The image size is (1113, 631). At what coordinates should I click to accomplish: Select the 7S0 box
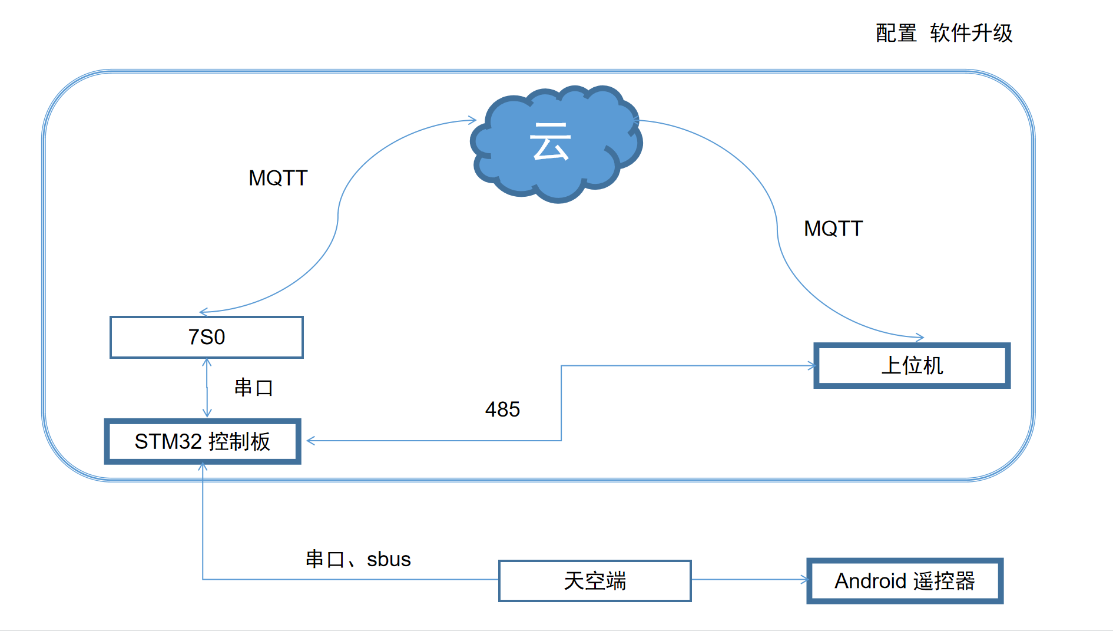coord(207,337)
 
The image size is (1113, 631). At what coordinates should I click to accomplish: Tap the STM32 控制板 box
coord(203,441)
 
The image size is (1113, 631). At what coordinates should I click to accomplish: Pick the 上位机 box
coord(912,365)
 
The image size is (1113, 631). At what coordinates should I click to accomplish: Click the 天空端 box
coord(595,581)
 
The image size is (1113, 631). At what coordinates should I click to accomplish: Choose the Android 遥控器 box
coord(905,581)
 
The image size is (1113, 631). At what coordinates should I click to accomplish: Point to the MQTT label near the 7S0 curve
coord(278,178)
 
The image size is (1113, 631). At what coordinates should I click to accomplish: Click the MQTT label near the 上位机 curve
coord(833,229)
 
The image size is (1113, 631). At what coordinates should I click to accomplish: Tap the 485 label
coord(502,409)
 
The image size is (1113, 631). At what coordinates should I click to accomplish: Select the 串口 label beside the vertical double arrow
coord(254,388)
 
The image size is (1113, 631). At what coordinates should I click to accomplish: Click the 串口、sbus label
coord(358,559)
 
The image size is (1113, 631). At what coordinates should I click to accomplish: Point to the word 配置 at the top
coord(896,33)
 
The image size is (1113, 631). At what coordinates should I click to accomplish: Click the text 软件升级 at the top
coord(971,33)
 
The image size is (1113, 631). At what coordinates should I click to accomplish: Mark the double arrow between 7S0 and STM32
coord(207,388)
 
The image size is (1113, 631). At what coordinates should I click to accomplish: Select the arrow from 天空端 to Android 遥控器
coord(749,580)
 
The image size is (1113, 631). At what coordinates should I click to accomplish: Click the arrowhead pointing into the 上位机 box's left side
coord(812,366)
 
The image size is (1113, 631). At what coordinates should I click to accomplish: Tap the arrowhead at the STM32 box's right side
coord(310,441)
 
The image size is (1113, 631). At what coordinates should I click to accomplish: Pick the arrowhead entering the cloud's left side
coord(472,120)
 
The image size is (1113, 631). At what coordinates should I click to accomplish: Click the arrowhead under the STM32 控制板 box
coord(203,467)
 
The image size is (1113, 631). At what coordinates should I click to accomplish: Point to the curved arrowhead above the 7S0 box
coord(204,312)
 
